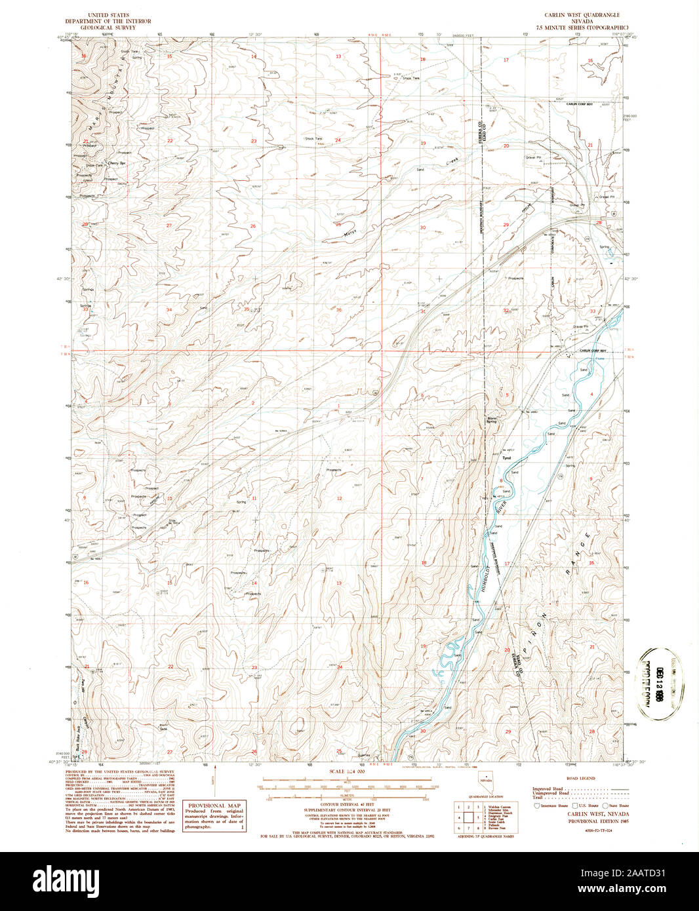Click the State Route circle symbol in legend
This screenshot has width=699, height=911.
[606, 805]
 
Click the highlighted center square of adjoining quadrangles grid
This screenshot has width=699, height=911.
[469, 817]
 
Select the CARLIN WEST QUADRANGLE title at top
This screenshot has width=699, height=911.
[582, 14]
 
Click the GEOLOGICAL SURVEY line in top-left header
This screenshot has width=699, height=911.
[108, 28]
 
